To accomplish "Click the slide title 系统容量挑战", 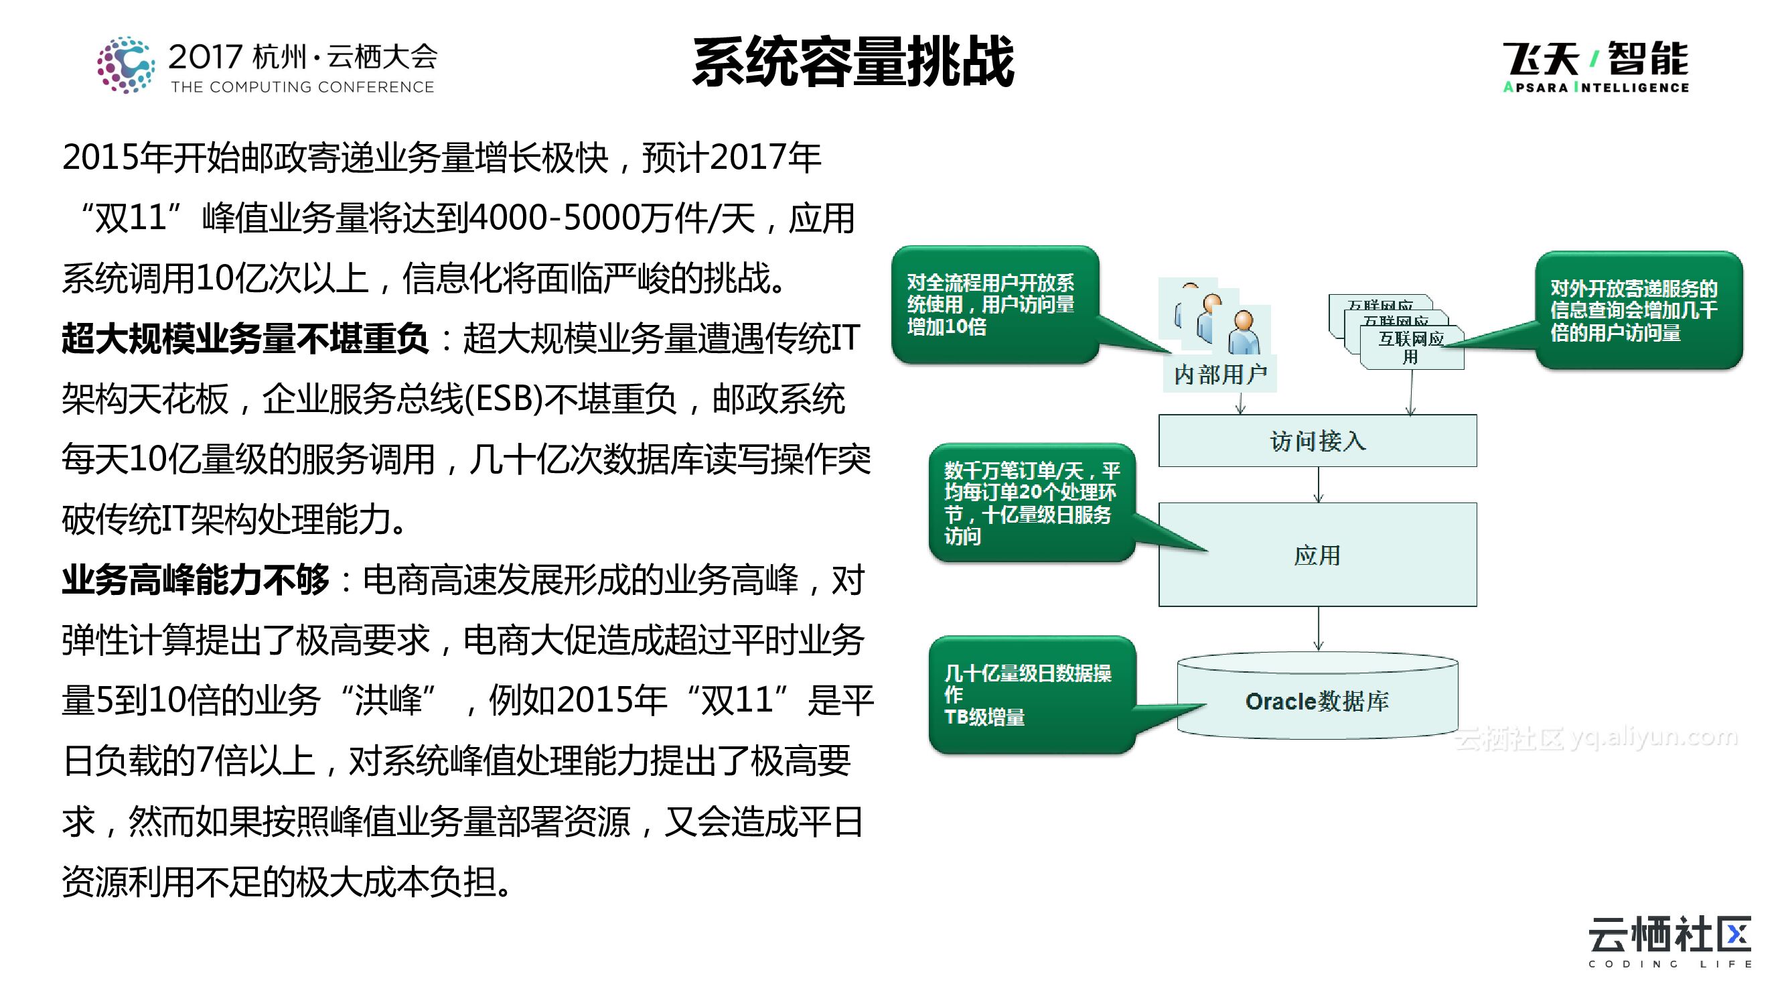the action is point(852,62).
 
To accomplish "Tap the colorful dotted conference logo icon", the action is point(125,65).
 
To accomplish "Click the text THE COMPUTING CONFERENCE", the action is point(302,87).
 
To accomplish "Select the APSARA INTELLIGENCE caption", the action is point(1595,87).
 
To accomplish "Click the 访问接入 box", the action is point(1317,441).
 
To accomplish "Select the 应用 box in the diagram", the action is point(1317,555).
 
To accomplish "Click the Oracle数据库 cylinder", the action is point(1317,701).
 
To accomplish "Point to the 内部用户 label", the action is point(1220,375).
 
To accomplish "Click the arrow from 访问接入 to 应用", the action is point(1318,485).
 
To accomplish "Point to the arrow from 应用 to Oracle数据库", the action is point(1318,628).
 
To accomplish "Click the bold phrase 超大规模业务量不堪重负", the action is point(244,339).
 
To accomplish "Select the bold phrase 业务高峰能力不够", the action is point(196,580).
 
